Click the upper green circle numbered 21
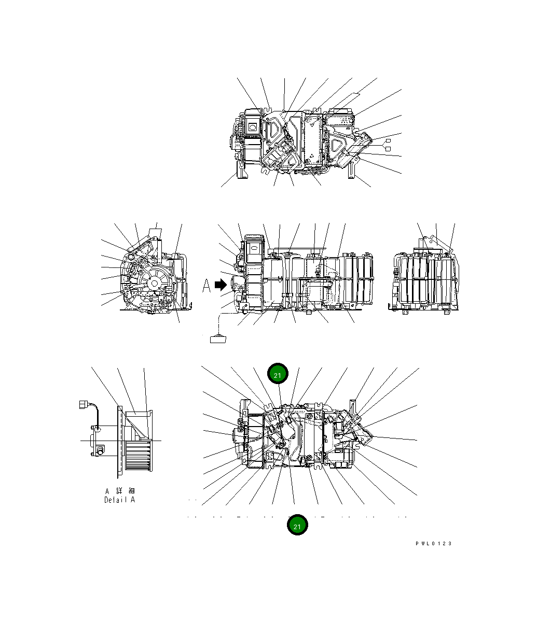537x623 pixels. [x=278, y=374]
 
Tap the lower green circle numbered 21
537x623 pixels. [x=298, y=526]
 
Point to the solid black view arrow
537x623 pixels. [x=221, y=285]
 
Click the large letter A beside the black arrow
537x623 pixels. [x=206, y=286]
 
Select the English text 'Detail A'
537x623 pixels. [x=119, y=500]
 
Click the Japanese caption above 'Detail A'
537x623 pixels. [x=119, y=490]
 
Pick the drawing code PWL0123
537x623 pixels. [x=433, y=543]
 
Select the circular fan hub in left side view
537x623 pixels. [x=154, y=282]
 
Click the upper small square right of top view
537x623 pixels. [x=388, y=141]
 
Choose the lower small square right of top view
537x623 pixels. [x=388, y=149]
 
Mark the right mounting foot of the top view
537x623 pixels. [x=352, y=169]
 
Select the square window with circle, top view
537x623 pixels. [x=253, y=125]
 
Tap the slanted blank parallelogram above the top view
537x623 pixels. [x=348, y=98]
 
